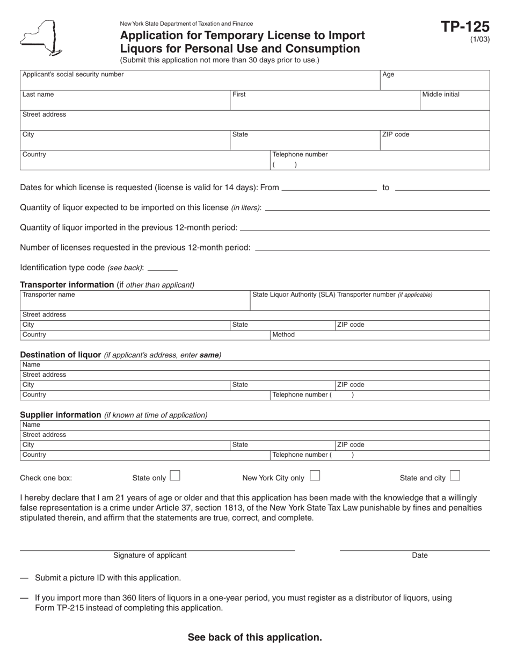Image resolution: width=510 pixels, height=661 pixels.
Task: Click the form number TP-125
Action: pos(465,27)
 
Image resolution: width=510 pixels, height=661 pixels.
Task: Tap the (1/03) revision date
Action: pos(479,39)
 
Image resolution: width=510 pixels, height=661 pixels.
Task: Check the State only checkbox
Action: pos(175,476)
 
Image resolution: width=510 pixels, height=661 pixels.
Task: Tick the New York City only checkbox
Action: pos(315,476)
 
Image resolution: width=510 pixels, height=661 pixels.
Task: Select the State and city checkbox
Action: pos(455,476)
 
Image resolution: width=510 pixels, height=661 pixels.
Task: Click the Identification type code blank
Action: pos(162,268)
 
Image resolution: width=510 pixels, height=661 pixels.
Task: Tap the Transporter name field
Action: pos(134,300)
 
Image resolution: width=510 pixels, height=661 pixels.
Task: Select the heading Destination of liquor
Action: pos(61,355)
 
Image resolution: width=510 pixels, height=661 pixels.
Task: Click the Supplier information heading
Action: pos(61,415)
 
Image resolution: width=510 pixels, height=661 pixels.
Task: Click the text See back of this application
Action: pos(255,637)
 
